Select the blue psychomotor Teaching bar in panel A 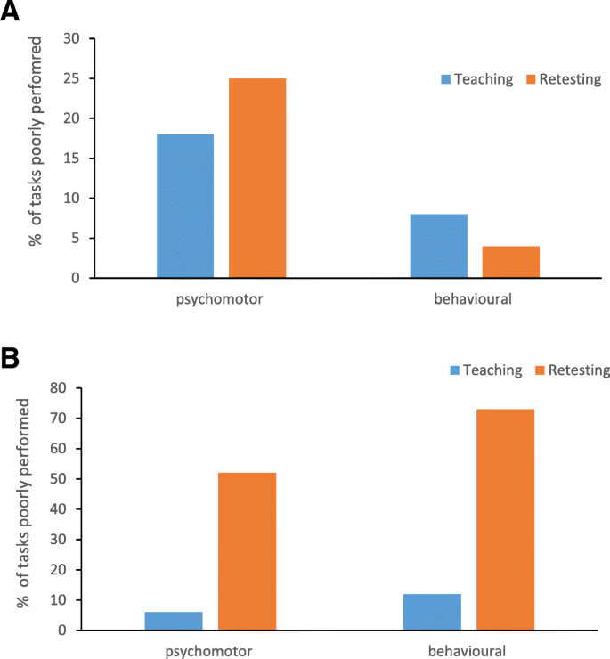coord(185,206)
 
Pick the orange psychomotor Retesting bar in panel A coord(257,178)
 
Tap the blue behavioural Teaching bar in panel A coord(438,246)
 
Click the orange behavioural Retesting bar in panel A coord(510,262)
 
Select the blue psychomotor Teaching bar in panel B coord(174,621)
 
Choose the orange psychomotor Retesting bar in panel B coord(247,551)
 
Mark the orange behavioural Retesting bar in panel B coord(505,519)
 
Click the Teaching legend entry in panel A coord(476,79)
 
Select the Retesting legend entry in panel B coord(571,370)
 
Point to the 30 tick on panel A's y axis coord(71,39)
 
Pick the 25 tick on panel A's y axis coord(71,79)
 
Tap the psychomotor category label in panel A coord(221,299)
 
